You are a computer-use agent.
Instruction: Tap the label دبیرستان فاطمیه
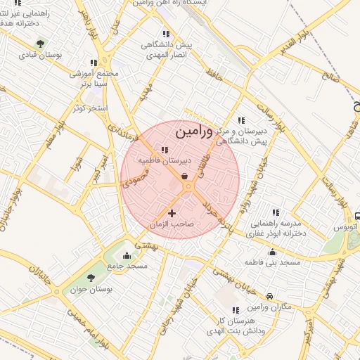[x=164, y=160]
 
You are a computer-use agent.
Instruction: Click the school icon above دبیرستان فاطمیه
[x=165, y=150]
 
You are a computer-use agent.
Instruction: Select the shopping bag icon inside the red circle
[x=184, y=177]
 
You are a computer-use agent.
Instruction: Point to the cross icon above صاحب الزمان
[x=172, y=212]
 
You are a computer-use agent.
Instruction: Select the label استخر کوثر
[x=89, y=108]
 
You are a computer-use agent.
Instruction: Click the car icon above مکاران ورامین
[x=270, y=297]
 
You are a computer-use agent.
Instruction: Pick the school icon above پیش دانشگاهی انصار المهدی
[x=165, y=34]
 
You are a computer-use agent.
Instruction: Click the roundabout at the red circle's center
[x=188, y=187]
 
